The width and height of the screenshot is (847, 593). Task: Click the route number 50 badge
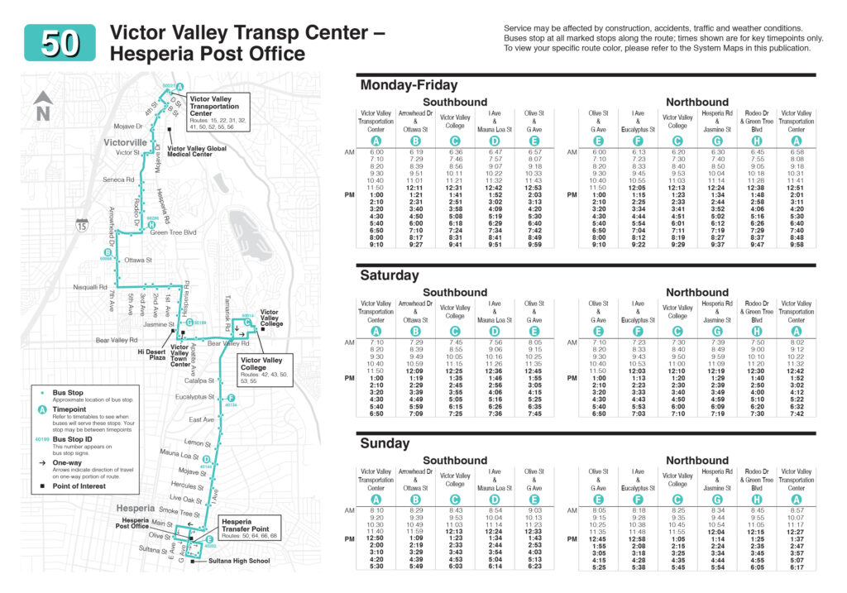[x=60, y=41]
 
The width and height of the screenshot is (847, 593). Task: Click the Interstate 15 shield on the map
[x=80, y=225]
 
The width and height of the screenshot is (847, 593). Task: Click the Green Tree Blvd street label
[x=171, y=232]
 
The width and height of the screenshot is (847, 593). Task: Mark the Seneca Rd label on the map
[x=118, y=179]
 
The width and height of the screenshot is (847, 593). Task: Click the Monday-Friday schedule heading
[x=408, y=85]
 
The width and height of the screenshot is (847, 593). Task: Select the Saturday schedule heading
[x=390, y=275]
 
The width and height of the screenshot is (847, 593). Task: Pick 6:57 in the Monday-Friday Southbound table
[x=534, y=152]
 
